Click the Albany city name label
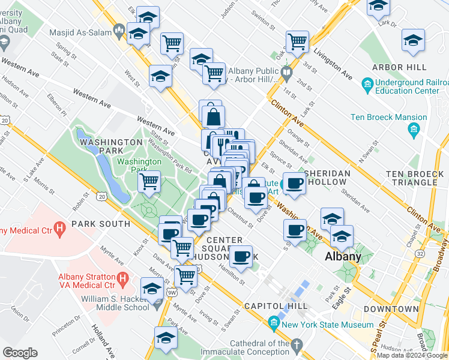[343, 257]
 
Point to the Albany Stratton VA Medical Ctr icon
[123, 278]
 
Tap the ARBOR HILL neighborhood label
[399, 67]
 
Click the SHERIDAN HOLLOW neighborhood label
[327, 178]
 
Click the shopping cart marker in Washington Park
[149, 181]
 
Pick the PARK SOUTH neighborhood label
[100, 224]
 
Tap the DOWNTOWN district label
[391, 309]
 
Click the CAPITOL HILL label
[276, 306]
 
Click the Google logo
[20, 353]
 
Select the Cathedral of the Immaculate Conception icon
[295, 344]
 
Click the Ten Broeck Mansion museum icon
[413, 129]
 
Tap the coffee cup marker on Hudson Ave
[241, 257]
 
